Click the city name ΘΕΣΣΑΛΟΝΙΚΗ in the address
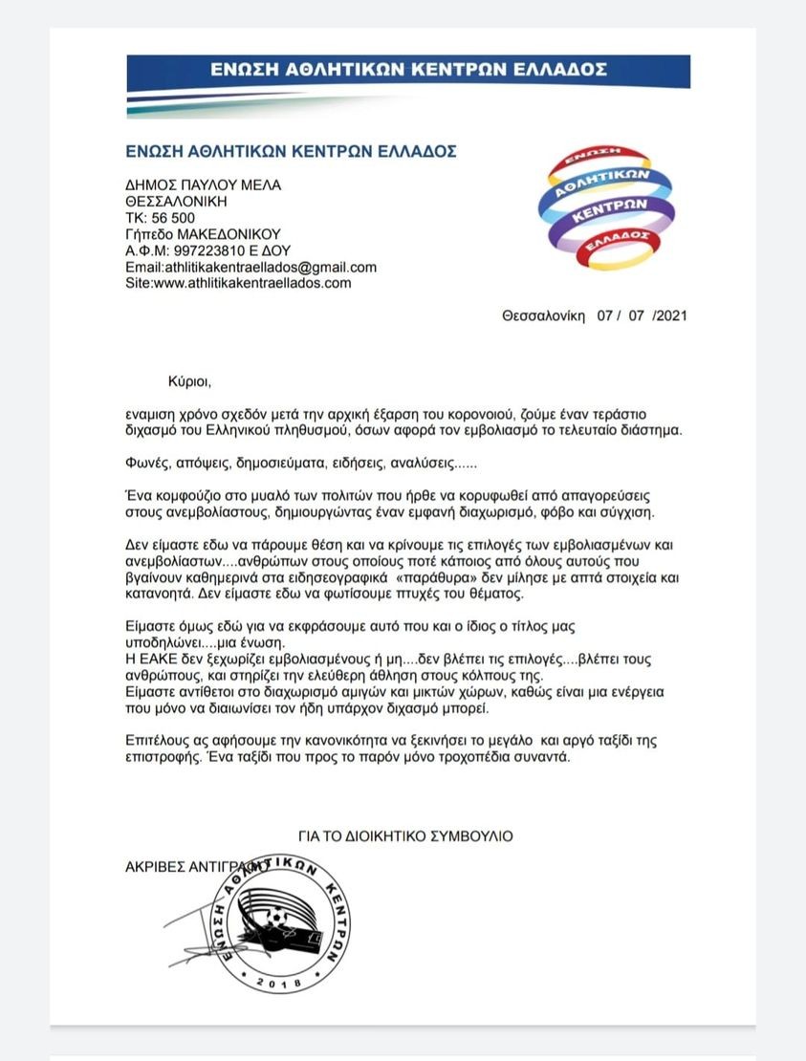click(177, 202)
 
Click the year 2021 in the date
click(670, 315)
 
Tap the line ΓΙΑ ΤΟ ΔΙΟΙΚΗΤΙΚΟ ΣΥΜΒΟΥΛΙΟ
click(404, 835)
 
